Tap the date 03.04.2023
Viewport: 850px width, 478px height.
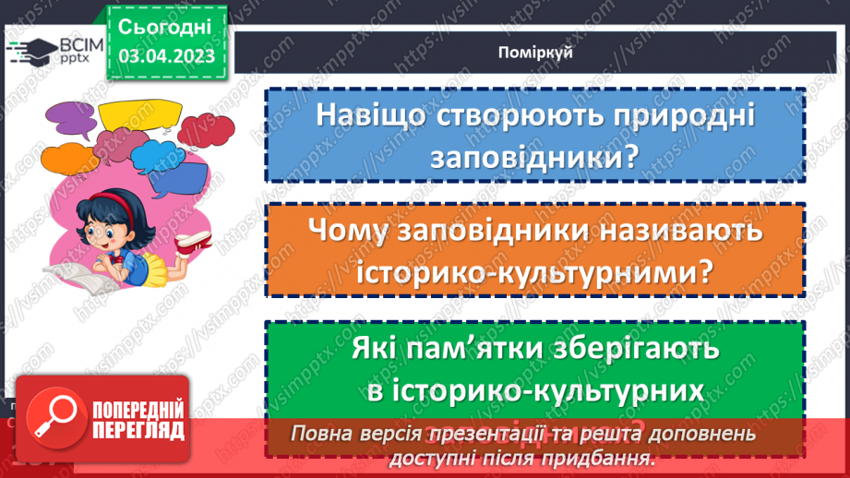(167, 57)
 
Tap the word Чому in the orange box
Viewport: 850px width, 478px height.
(348, 232)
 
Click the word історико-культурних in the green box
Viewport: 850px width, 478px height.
(535, 390)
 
